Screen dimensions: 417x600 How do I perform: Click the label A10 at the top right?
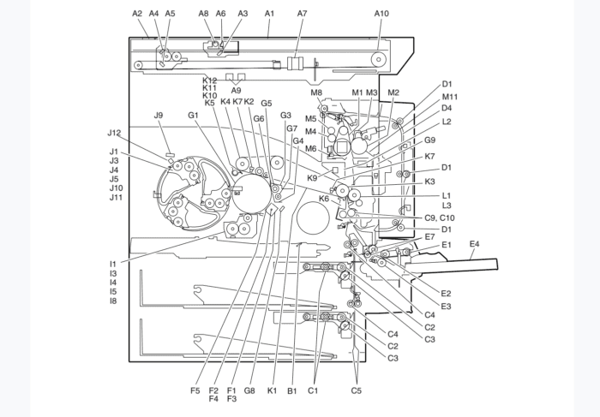coord(381,14)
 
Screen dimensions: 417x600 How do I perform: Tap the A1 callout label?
coord(269,14)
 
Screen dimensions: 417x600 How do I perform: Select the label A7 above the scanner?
coord(302,14)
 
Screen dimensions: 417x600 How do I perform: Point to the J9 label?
coord(159,116)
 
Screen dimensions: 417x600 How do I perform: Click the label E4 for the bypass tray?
coord(474,245)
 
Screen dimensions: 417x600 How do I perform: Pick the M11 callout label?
coord(450,97)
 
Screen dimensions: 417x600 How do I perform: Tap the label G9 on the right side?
coord(429,140)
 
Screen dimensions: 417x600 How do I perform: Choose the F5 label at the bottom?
coord(195,391)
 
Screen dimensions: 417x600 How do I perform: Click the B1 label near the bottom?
coord(292,391)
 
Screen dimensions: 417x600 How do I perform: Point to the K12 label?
coord(209,80)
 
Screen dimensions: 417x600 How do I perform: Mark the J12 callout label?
coord(115,133)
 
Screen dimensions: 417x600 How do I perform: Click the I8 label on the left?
coord(113,301)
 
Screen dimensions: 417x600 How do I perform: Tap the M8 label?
coord(316,92)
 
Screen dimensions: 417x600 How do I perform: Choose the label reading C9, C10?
coord(440,217)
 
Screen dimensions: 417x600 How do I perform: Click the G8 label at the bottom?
coord(249,391)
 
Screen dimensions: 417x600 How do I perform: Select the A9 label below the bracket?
coord(236,90)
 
